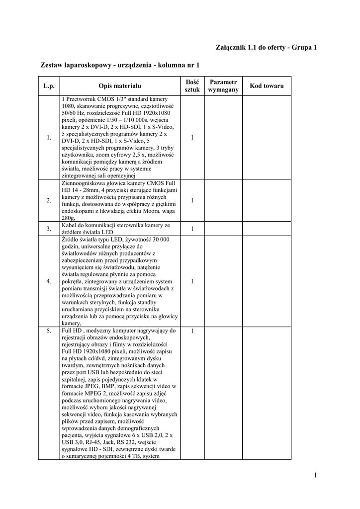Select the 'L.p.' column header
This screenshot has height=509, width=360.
point(49,86)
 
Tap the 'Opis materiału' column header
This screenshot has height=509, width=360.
point(120,86)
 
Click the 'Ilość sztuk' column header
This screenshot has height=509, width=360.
point(192,86)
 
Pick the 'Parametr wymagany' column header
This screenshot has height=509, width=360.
point(223,86)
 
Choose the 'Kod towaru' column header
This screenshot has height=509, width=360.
point(267,86)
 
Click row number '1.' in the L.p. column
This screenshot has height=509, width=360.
point(49,138)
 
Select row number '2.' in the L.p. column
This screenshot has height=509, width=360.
point(49,200)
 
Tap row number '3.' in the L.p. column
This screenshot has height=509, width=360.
point(49,229)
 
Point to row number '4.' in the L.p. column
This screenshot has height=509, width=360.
point(49,281)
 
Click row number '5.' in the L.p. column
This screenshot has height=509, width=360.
point(49,331)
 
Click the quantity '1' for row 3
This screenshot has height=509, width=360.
point(192,229)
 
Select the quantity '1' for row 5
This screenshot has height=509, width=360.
point(192,331)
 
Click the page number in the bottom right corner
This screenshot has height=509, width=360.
point(315,475)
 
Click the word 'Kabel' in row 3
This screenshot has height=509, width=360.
point(69,225)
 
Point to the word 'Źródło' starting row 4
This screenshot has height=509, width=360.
point(70,239)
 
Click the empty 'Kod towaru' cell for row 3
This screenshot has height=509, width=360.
point(267,229)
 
